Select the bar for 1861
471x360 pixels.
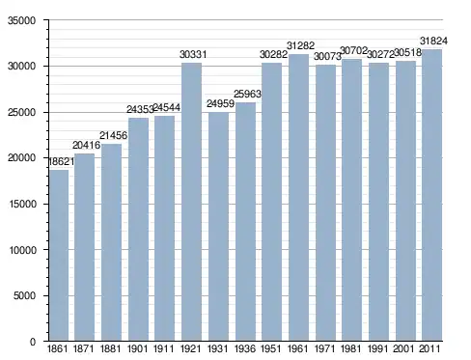pyautogui.click(x=59, y=255)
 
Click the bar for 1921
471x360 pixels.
pyautogui.click(x=191, y=202)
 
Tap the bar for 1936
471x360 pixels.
pyautogui.click(x=245, y=222)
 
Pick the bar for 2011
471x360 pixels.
pyautogui.click(x=431, y=195)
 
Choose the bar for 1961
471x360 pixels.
pyautogui.click(x=298, y=198)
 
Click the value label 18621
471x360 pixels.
pyautogui.click(x=61, y=161)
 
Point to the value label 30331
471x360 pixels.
pyautogui.click(x=193, y=55)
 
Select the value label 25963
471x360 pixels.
pyautogui.click(x=247, y=94)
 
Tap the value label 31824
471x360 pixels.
pyautogui.click(x=433, y=41)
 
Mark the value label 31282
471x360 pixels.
pyautogui.click(x=300, y=45)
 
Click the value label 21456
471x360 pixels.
pyautogui.click(x=113, y=135)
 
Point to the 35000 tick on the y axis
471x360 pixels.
pyautogui.click(x=21, y=20)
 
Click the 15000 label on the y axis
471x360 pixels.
pyautogui.click(x=22, y=204)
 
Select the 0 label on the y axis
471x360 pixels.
pyautogui.click(x=33, y=342)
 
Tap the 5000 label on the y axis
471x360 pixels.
pyautogui.click(x=24, y=295)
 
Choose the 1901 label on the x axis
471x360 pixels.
pyautogui.click(x=138, y=348)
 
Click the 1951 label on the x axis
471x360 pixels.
pyautogui.click(x=271, y=348)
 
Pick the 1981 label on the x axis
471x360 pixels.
pyautogui.click(x=351, y=348)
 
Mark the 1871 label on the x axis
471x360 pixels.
pyautogui.click(x=84, y=348)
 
